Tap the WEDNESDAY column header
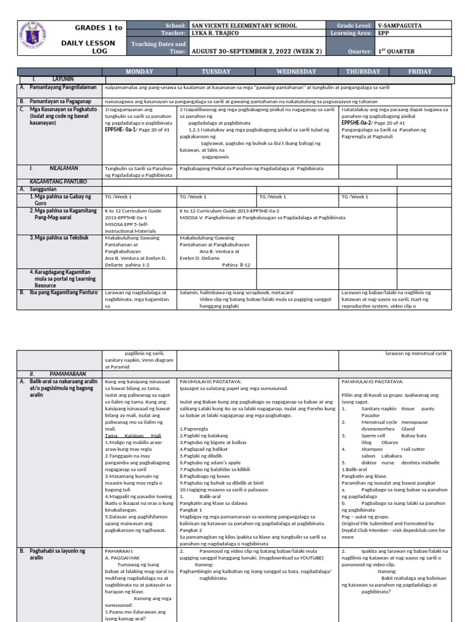coord(297,72)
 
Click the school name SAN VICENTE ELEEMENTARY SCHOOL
coord(244,26)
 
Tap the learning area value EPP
coord(383,33)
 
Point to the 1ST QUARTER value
coord(398,52)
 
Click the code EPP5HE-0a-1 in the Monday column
coord(120,129)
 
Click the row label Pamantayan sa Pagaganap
coord(59,101)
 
